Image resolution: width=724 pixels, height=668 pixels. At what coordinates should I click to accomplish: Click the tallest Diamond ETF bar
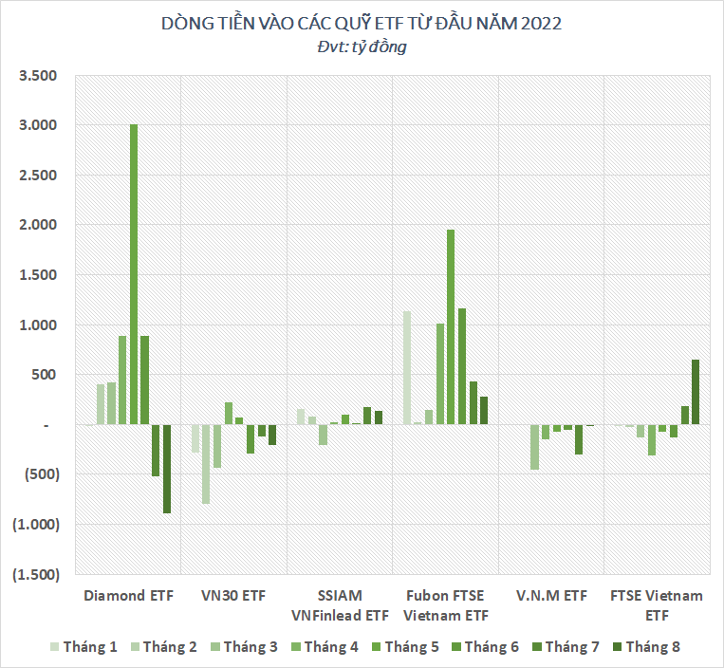point(134,274)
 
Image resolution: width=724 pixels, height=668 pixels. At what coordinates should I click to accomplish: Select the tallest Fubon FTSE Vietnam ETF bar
point(451,327)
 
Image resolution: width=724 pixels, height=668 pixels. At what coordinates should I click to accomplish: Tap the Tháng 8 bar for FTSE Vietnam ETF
point(695,392)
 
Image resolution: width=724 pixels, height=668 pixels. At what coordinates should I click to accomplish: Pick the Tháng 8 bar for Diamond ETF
point(167,469)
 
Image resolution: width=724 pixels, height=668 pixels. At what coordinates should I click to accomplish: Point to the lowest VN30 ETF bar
point(206,464)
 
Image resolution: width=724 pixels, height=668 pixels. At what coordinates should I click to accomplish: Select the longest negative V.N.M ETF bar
point(534,447)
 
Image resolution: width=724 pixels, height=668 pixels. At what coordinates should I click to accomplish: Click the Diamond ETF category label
point(128,596)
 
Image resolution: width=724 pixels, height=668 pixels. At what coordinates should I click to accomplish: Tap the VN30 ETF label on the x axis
point(233,596)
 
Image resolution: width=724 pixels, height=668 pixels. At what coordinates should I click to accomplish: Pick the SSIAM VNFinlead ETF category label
point(340,605)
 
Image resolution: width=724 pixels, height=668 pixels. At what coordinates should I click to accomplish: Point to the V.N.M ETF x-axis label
point(551,596)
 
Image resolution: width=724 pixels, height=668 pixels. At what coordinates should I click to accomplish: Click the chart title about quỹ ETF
point(362,24)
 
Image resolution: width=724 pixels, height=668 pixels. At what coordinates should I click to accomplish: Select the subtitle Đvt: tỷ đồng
point(362,46)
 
